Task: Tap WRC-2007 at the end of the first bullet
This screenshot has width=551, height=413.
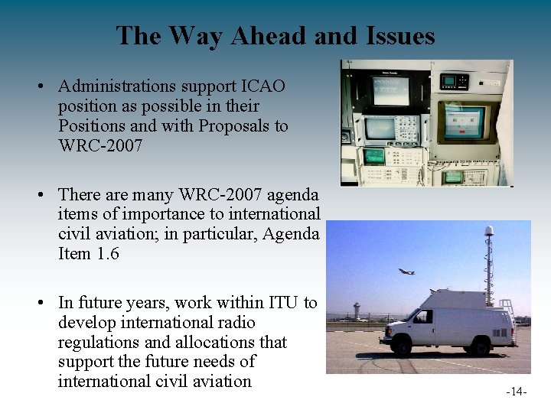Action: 100,145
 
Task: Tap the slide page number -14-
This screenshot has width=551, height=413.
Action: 517,392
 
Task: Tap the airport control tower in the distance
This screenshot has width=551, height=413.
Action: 357,310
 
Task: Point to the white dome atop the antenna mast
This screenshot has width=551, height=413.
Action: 489,230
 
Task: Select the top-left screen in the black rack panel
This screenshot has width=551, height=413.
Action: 391,90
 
